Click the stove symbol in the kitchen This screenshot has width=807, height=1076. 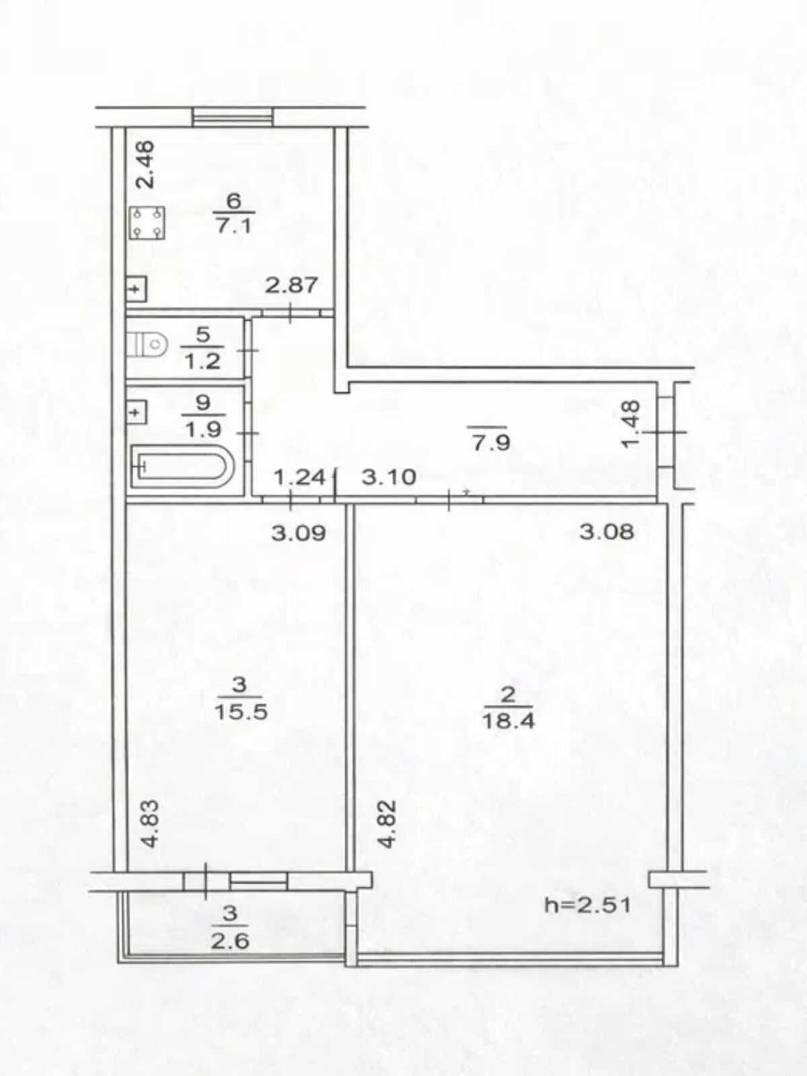click(147, 223)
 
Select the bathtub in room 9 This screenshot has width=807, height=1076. click(182, 465)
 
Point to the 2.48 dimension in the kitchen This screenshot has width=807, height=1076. click(146, 165)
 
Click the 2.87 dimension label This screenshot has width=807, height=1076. click(292, 285)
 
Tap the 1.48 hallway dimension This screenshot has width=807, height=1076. click(631, 424)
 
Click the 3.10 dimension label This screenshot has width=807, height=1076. click(389, 477)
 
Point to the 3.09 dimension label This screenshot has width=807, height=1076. click(299, 533)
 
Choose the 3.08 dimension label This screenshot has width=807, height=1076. click(607, 532)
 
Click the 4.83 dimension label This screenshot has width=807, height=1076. click(153, 824)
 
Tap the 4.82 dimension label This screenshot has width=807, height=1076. click(387, 824)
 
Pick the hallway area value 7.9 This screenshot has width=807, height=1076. click(490, 442)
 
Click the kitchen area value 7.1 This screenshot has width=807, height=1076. click(234, 227)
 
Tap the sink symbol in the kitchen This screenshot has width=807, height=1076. click(137, 289)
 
